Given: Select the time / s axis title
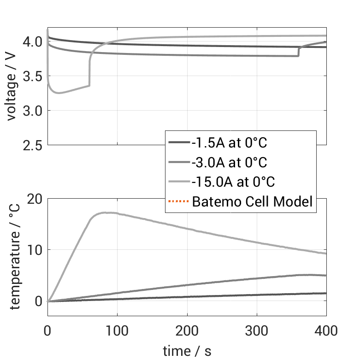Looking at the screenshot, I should pyautogui.click(x=187, y=351).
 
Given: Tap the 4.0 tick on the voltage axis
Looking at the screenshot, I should pyautogui.click(x=33, y=42).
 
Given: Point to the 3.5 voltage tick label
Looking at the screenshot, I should pyautogui.click(x=33, y=76).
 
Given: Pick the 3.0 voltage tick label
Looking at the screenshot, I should pyautogui.click(x=33, y=111).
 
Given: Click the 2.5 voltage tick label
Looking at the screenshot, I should pyautogui.click(x=33, y=145).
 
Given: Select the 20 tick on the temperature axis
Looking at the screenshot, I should pyautogui.click(x=35, y=199).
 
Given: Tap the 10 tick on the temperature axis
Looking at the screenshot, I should pyautogui.click(x=35, y=250).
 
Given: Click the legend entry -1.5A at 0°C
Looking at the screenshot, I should pyautogui.click(x=229, y=143).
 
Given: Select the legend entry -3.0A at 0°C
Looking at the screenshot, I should pyautogui.click(x=229, y=162).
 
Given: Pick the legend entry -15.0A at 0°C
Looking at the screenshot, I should pyautogui.click(x=233, y=182).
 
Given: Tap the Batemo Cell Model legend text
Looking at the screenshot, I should pyautogui.click(x=253, y=201).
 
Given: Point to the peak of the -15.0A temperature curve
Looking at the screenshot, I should pyautogui.click(x=105, y=212).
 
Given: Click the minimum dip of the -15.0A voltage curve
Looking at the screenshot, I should pyautogui.click(x=58, y=93).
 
